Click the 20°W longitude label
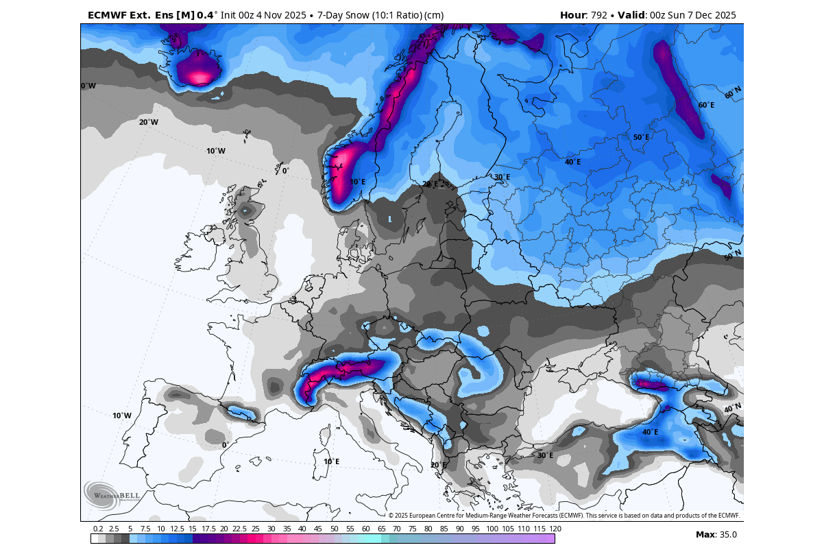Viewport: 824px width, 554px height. pos(148,122)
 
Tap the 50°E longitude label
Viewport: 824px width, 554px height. pos(640,137)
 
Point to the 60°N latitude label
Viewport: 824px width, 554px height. pos(733,92)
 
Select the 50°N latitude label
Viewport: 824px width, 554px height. pos(733,255)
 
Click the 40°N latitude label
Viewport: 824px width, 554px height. pos(732,408)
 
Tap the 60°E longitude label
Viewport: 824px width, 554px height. pos(706,105)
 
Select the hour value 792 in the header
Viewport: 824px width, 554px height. pos(601,15)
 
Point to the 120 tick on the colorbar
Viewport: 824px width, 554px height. pos(555,529)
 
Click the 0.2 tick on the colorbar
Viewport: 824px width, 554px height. pos(98,529)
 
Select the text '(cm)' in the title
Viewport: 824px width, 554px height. pos(433,15)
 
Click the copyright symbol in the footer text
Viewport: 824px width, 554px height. pos(391,515)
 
